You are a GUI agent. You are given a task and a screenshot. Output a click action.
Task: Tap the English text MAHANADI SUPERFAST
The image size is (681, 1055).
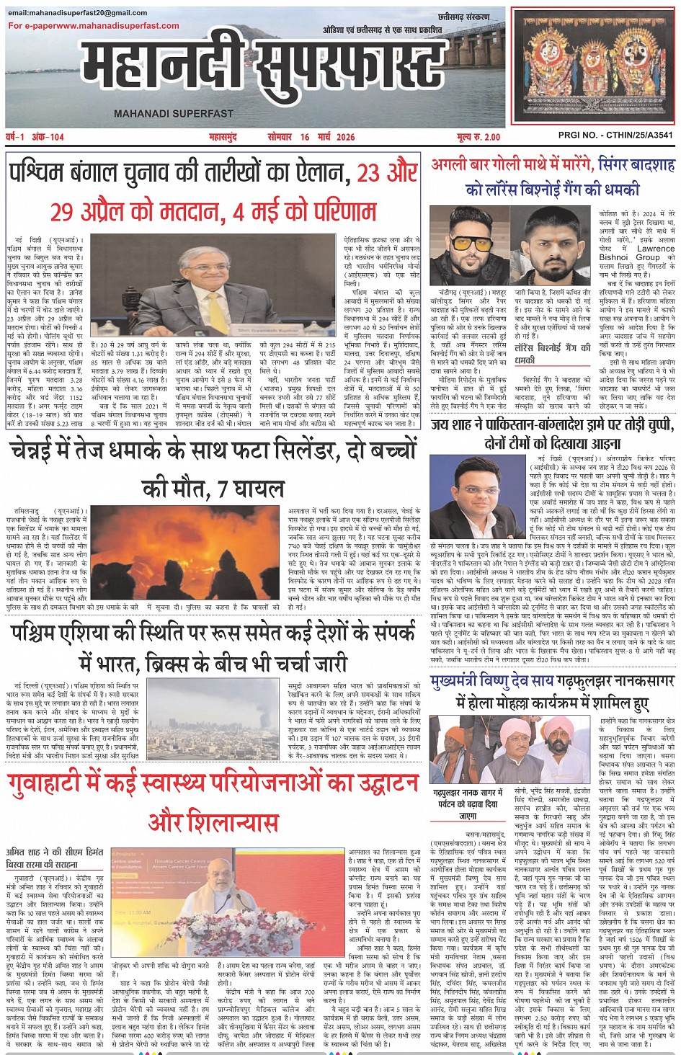(173, 113)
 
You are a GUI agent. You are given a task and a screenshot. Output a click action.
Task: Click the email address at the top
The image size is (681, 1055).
(78, 13)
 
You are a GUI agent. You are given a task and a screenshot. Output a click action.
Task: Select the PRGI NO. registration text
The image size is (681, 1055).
(615, 135)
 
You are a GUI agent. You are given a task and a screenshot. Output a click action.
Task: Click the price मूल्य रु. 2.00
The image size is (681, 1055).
(478, 137)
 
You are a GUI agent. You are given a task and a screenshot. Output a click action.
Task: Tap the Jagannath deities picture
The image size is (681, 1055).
(593, 66)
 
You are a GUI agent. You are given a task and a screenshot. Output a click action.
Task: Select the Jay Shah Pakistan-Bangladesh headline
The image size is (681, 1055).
(553, 434)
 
